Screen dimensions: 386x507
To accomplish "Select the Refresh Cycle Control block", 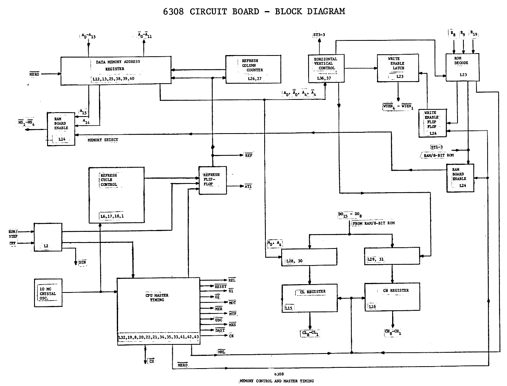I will click(x=116, y=194).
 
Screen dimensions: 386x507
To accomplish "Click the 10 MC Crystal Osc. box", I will click(x=48, y=293).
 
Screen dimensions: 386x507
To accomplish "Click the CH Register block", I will click(x=392, y=297).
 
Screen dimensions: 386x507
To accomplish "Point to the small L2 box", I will click(x=48, y=237).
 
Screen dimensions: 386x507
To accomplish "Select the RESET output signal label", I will click(x=220, y=286).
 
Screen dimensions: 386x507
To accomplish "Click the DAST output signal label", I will click(x=220, y=330).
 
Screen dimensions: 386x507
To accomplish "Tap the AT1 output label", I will click(x=248, y=186).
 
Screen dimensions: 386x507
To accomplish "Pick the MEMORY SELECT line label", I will click(x=103, y=140).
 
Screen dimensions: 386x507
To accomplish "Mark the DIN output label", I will click(x=82, y=262).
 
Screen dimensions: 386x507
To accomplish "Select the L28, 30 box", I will click(x=308, y=257).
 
